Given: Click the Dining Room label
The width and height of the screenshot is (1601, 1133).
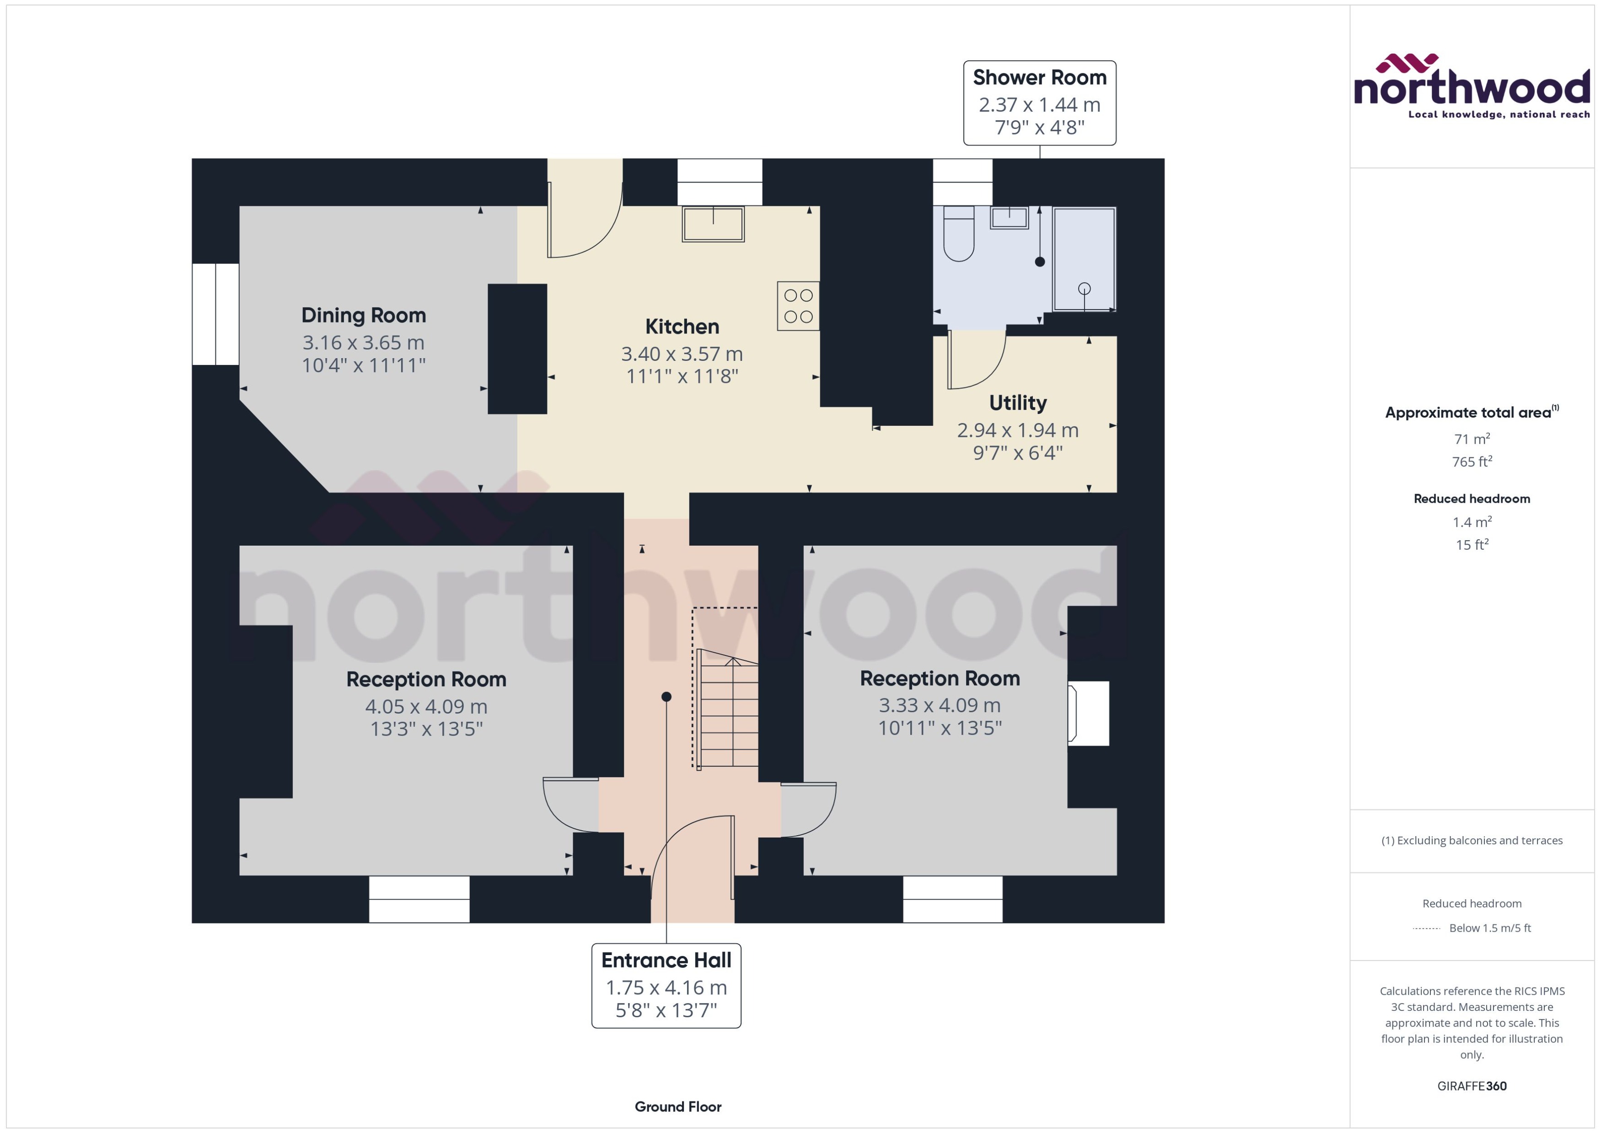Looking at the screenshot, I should point(364,315).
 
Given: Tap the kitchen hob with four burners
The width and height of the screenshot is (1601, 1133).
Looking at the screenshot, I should point(798,306).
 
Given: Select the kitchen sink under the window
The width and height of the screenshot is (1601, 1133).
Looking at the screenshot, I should point(713,224).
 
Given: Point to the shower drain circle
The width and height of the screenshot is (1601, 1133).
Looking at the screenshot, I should point(1084,288).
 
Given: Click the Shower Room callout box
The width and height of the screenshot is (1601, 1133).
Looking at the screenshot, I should point(1039,102).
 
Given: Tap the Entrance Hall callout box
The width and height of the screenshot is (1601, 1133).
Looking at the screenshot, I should point(666,985).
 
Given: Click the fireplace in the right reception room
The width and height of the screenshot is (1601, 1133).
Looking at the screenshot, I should point(1088,713).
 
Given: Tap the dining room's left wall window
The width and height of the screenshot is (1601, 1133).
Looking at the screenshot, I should point(215,314).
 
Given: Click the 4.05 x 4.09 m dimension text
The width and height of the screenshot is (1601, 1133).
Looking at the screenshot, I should point(426,706).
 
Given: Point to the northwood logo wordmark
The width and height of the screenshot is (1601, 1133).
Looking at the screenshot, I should point(1472,87).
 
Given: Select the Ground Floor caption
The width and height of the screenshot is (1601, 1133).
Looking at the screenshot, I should point(678,1106).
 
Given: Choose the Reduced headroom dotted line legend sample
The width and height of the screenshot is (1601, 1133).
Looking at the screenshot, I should point(1426,929).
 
